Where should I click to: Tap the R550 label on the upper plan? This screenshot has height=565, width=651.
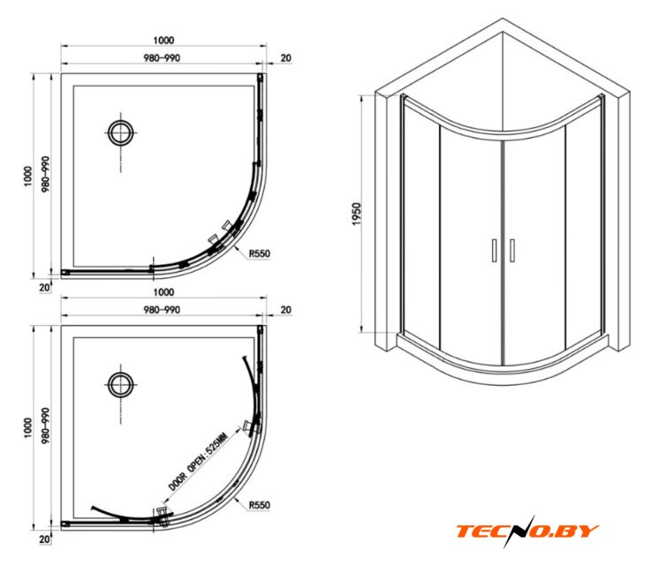tap(259, 253)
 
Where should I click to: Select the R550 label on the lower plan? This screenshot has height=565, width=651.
tap(259, 505)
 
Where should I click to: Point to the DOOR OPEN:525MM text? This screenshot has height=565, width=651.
tap(198, 462)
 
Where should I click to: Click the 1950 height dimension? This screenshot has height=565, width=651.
tap(357, 214)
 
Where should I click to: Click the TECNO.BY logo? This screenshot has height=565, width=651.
tap(527, 531)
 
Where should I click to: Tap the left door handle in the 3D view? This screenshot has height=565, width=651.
tap(494, 250)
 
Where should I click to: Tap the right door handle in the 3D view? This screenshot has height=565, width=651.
tap(512, 250)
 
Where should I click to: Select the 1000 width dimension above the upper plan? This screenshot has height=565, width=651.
tap(163, 41)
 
